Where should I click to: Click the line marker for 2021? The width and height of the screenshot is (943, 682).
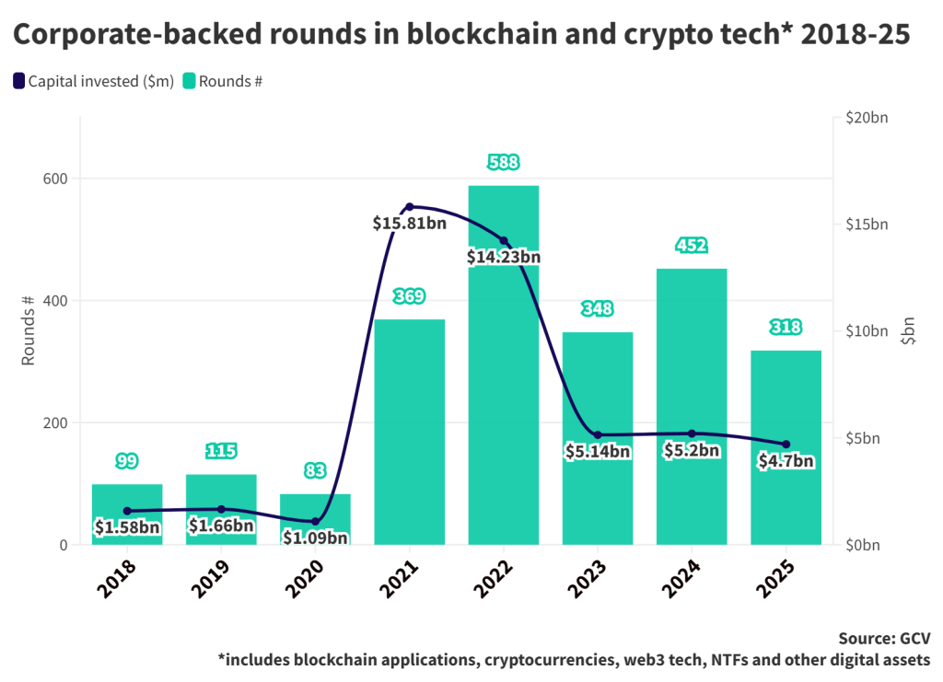[x=410, y=206]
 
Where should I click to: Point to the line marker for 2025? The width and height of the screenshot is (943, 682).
[x=786, y=445]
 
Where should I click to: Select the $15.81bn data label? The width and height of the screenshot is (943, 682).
[x=410, y=223]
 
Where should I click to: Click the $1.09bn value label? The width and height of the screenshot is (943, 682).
[x=315, y=538]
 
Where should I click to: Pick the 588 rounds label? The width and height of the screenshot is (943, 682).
[x=504, y=163]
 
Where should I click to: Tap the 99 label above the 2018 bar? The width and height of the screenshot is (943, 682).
[x=127, y=460]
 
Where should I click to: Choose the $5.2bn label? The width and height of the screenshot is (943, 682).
[x=692, y=450]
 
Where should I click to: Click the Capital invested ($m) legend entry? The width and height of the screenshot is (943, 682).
[x=92, y=81]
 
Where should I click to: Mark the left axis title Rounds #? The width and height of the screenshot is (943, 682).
[x=29, y=331]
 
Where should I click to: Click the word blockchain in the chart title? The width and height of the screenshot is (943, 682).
[x=475, y=35]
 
